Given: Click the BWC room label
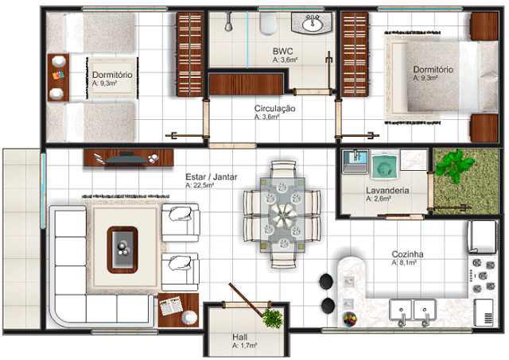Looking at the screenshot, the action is pos(283,51).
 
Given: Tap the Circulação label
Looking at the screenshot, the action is pos(274,108).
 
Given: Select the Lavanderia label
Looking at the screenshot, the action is pos(387,191).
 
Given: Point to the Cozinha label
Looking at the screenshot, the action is pos(407,254).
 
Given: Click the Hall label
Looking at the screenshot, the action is pos(239,337).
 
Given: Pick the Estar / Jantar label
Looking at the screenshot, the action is pos(212,176).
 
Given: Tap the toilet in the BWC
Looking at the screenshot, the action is pos(269,23).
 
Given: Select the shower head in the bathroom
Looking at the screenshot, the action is pos(229,22).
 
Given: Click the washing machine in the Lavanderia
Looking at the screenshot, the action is pos(385,165).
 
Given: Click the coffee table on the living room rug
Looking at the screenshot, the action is pos(122,250).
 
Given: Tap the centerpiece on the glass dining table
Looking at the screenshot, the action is pos(283,215).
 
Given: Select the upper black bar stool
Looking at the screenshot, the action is pos(326,281).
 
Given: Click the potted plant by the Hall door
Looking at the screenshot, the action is pos(272,318).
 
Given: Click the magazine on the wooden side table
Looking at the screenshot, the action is pos(171,306).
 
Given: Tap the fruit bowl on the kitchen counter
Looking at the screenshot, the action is pos(349,319).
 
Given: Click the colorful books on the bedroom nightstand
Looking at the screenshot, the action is pos(58,75).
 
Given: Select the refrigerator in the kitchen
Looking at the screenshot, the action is pos(482,237).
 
